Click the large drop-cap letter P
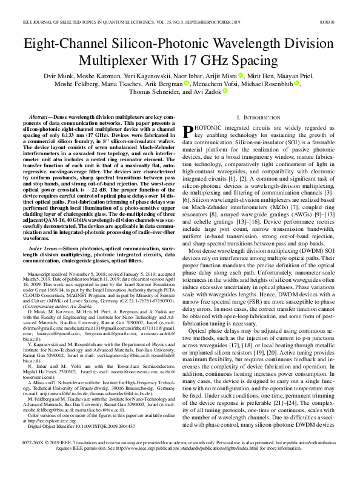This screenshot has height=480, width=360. click(x=188, y=130)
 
